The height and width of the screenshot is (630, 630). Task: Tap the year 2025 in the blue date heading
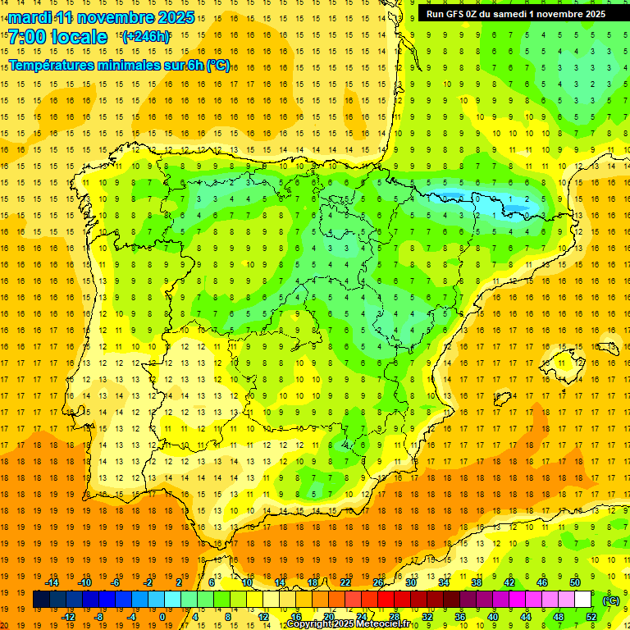pos(174,17)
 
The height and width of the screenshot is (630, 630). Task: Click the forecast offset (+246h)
pos(146,37)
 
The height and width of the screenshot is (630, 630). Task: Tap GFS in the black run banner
pos(456,14)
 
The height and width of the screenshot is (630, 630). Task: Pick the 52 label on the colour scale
pos(591,617)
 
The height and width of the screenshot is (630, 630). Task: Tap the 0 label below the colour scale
pos(162,617)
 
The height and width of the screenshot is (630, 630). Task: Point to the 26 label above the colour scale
pos(378,582)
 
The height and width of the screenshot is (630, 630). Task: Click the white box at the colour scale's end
pos(583,600)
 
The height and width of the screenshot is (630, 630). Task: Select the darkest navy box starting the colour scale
pos(41,600)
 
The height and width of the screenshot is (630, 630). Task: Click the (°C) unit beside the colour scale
pos(611,600)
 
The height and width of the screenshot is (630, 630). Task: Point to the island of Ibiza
pos(503,399)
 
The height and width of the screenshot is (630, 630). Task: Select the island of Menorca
pos(607,348)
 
